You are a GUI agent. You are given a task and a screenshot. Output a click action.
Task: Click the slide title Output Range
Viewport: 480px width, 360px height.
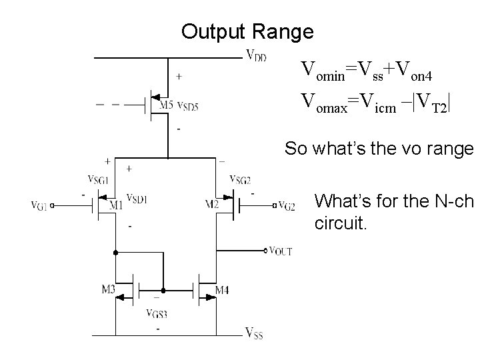pos(247,31)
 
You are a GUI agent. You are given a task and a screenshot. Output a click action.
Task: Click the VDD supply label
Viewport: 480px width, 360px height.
pos(257,56)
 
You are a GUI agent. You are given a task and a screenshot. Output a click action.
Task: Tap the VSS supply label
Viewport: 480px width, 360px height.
pos(254,333)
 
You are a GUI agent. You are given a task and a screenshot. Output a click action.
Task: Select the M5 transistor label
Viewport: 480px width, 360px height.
pos(167,105)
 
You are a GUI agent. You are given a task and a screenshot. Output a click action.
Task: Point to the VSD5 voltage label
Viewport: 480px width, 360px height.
pos(187,106)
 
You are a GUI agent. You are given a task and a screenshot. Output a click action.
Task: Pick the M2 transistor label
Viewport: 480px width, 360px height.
pos(213,204)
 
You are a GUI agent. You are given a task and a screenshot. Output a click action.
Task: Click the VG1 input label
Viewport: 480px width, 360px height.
pos(39,205)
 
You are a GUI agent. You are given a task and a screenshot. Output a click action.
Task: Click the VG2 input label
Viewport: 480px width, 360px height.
pos(287,205)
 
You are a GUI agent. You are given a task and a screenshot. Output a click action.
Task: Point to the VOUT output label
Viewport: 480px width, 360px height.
pos(280,251)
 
